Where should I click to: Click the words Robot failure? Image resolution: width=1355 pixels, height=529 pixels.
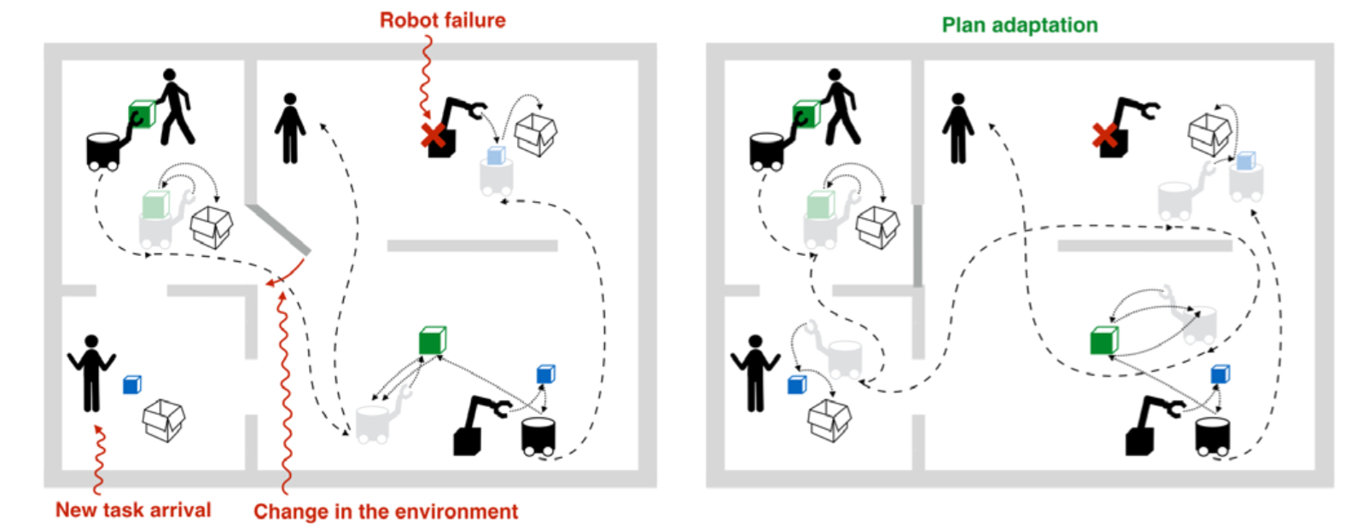(x=442, y=20)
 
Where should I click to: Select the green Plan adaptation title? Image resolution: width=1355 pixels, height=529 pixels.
(x=1019, y=25)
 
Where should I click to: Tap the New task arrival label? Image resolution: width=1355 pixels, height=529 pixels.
(x=133, y=510)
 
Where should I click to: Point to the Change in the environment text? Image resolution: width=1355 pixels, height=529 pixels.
(x=385, y=512)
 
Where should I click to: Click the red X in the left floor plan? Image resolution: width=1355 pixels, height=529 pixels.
(x=433, y=135)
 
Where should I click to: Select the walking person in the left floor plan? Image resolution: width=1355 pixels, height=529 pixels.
(x=175, y=107)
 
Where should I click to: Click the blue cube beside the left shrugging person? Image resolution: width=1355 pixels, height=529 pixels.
(x=131, y=385)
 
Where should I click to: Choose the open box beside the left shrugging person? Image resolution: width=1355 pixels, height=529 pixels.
(x=164, y=419)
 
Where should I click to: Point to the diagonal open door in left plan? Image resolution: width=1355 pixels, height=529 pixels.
(x=279, y=229)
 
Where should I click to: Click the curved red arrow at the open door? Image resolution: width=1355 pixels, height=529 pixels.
(x=286, y=273)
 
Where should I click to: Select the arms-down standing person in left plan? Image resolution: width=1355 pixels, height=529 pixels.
(x=290, y=128)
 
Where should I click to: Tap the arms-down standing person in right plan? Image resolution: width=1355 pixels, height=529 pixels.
(x=957, y=128)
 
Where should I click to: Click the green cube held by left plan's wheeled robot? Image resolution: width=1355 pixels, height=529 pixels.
(x=142, y=114)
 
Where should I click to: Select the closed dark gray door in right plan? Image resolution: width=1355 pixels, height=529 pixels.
(x=918, y=246)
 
